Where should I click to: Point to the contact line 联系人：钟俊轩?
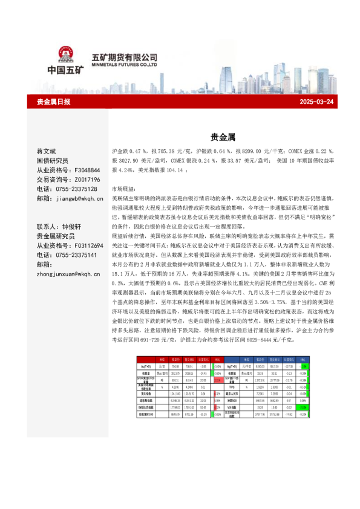pyautogui.click(x=63, y=227)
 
